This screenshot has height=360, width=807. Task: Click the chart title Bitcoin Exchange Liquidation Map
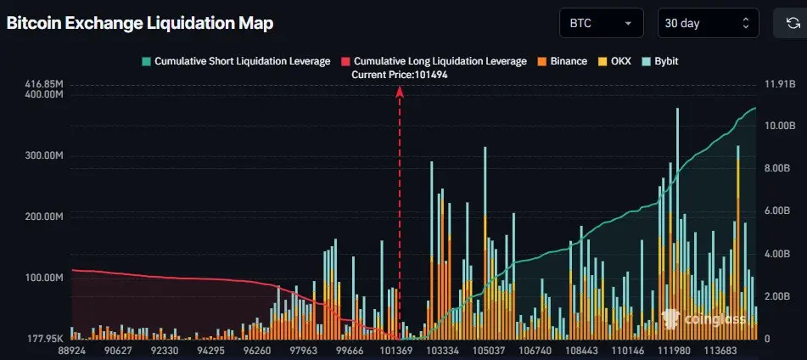pos(140,24)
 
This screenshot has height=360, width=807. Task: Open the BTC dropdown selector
pos(602,23)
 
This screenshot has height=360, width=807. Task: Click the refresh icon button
pos(789,23)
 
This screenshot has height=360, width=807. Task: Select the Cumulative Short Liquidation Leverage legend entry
pos(236,62)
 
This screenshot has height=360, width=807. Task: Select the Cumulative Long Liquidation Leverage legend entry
pos(434,62)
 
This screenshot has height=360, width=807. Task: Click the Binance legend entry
pos(561,62)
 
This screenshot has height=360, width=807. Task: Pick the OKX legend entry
pos(616,62)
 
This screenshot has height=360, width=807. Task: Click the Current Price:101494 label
pos(400,75)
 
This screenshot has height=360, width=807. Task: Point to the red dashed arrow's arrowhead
pos(400,91)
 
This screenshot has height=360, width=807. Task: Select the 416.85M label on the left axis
pos(43,84)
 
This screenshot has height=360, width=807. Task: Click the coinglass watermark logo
pos(703,319)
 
